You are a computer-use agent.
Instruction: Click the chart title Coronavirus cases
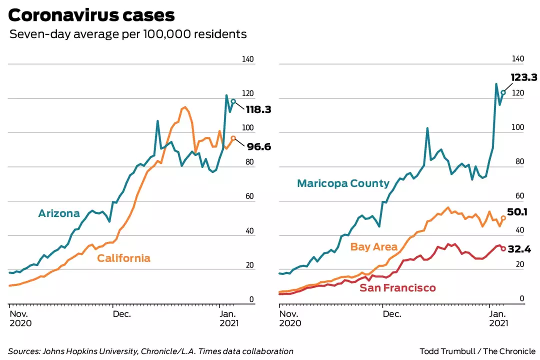click(x=91, y=15)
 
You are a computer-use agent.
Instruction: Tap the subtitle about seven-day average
click(x=128, y=34)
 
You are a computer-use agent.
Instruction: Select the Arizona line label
click(x=59, y=213)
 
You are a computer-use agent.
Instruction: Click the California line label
click(x=123, y=258)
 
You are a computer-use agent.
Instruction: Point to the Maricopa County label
click(x=343, y=183)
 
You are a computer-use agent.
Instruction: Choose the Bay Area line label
click(x=374, y=247)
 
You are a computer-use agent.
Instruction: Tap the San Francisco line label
click(x=397, y=288)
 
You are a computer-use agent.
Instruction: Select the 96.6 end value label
click(x=258, y=147)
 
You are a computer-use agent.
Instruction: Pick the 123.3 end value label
click(x=524, y=77)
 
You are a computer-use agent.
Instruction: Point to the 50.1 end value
click(x=518, y=212)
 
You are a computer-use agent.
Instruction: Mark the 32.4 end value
click(x=519, y=248)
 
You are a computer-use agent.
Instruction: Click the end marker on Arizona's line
click(x=233, y=101)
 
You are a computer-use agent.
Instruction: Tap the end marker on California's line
click(x=233, y=138)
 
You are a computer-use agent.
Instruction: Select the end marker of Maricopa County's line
click(x=503, y=92)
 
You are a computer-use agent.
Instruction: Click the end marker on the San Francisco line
click(x=503, y=248)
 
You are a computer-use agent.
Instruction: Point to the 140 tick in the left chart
click(x=248, y=59)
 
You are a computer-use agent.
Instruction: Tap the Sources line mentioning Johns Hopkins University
click(x=150, y=351)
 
